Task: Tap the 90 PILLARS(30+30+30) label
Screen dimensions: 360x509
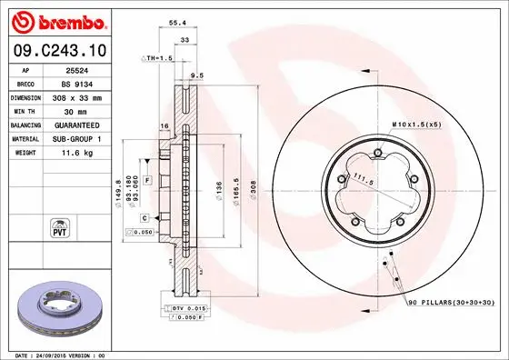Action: click(449, 301)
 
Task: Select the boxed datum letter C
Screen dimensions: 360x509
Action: click(145, 218)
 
